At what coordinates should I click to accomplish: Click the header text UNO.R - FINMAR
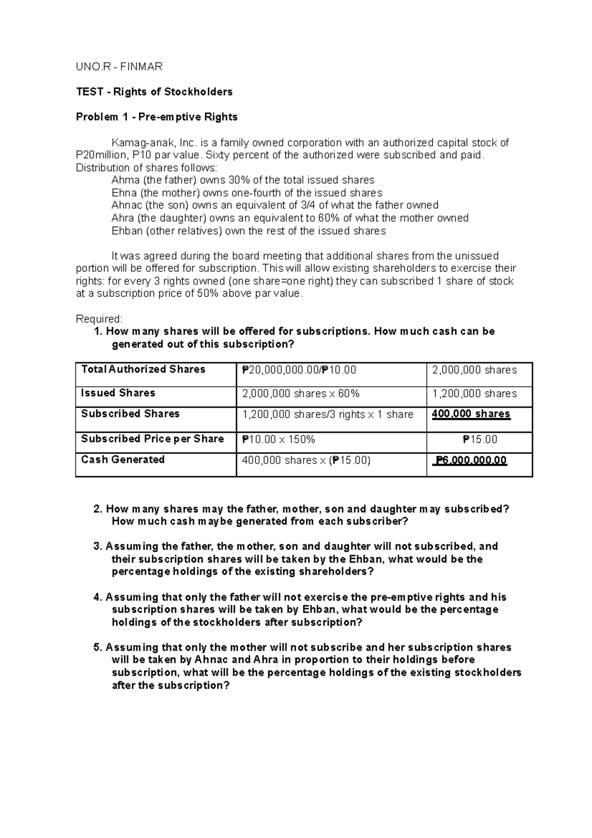coord(119,67)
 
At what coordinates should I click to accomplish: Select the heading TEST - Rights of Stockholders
coord(154,92)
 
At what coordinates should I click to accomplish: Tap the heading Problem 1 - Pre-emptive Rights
coord(156,117)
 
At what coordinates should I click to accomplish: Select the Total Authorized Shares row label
coord(143,369)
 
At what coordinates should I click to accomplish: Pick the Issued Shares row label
coord(118,393)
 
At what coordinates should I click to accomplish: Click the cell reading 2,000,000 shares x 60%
coord(300,394)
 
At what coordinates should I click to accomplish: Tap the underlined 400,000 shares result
coord(471,414)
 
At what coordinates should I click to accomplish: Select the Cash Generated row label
coord(123,459)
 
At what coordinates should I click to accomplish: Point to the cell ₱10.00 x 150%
coord(278,439)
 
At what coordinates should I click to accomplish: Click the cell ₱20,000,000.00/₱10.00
coord(299,370)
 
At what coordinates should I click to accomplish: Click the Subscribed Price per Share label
coord(152,439)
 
